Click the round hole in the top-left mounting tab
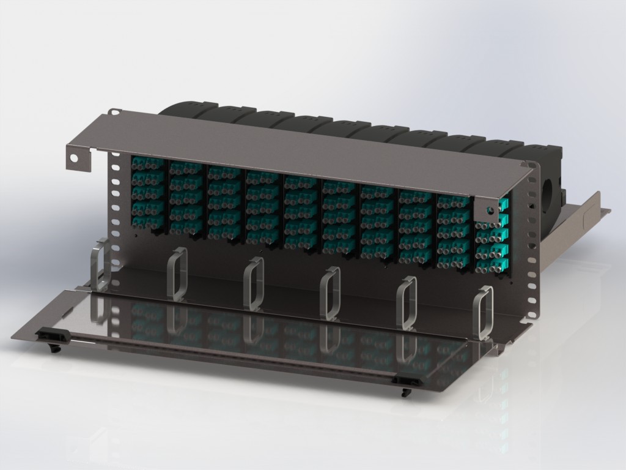pos(74,157)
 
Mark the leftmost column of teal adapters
pos(147,193)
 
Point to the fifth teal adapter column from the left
pos(300,212)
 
